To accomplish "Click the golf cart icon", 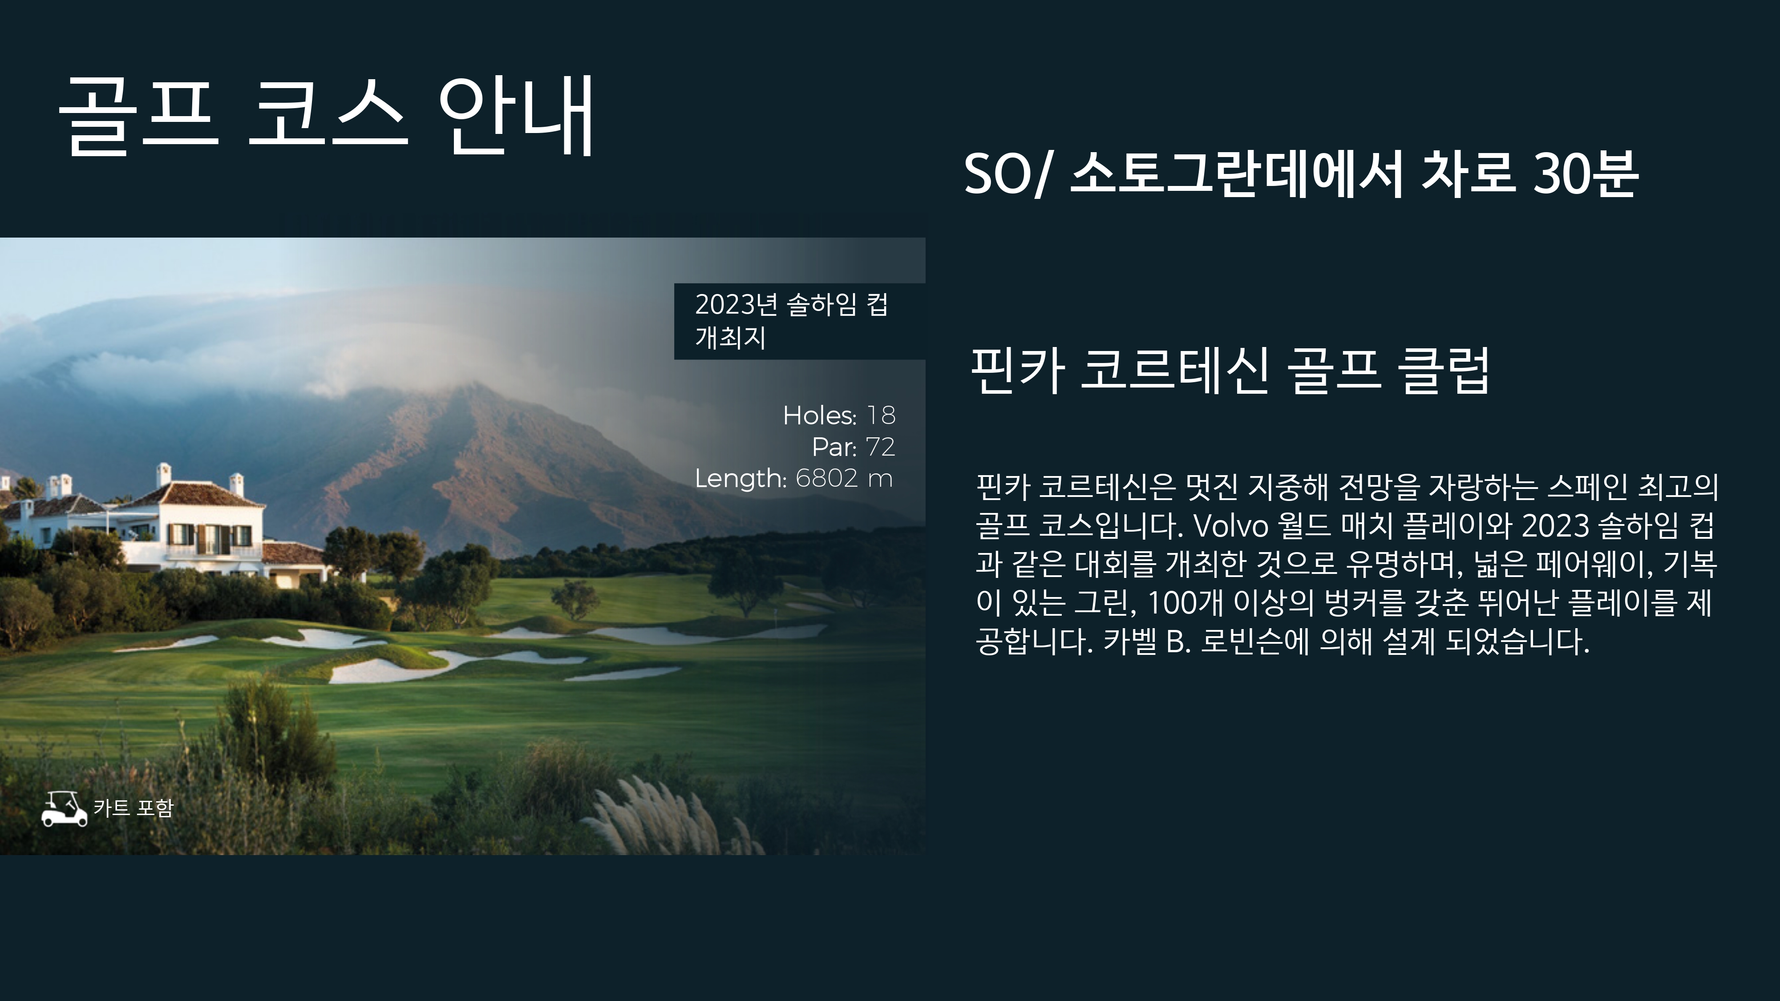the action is [x=64, y=808].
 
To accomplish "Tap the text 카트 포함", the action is [x=133, y=807].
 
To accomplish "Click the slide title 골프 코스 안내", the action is [x=326, y=117].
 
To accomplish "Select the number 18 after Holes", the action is [x=881, y=415].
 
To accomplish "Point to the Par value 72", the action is [x=880, y=447].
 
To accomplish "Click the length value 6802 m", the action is [x=844, y=478].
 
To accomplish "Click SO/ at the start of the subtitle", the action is [x=1006, y=174].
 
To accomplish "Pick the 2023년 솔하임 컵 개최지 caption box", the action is [x=800, y=321].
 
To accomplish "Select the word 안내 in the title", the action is [x=516, y=117].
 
